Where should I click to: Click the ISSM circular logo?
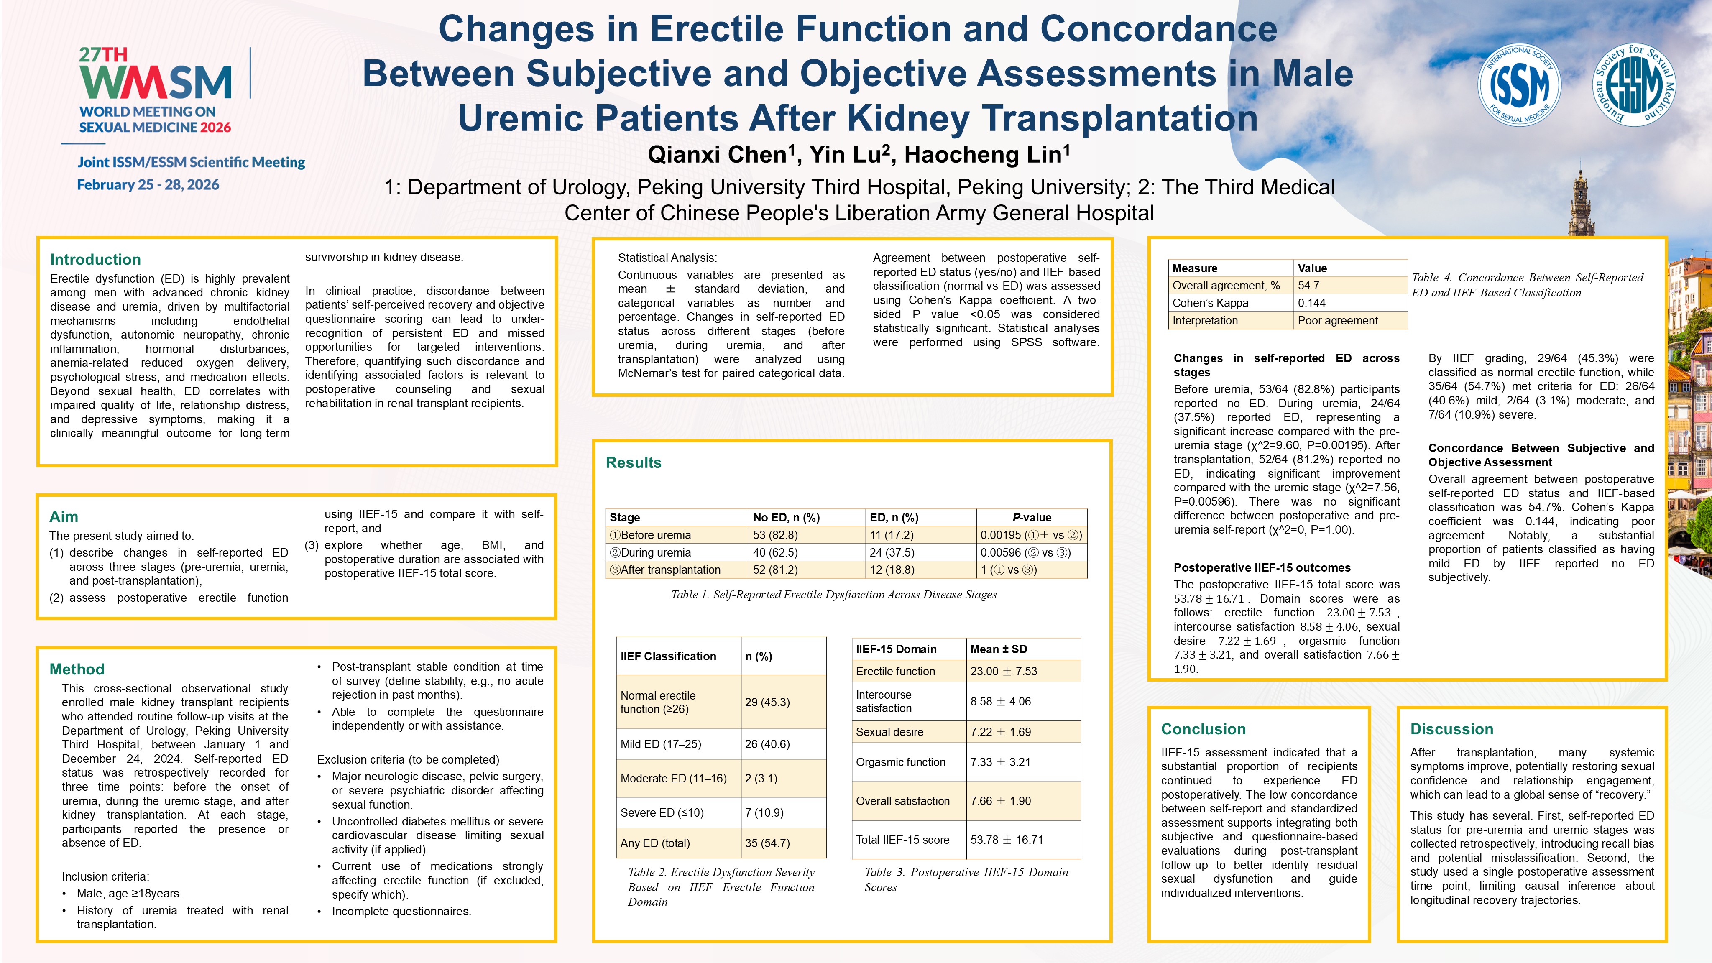tap(1519, 85)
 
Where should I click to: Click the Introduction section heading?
tap(95, 259)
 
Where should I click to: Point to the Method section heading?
tap(77, 669)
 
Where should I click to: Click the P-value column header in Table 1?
tap(1032, 517)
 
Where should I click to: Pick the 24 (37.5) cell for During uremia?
tap(892, 552)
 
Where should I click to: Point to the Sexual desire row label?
tap(889, 732)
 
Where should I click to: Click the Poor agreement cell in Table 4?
tap(1337, 320)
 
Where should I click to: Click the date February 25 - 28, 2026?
tap(148, 185)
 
